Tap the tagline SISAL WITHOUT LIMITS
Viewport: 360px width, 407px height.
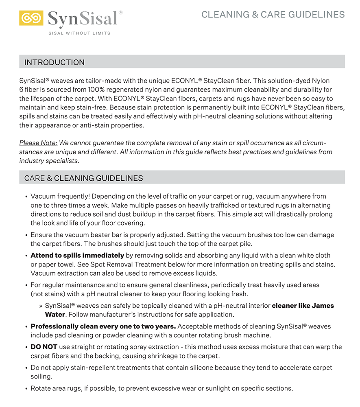tap(79, 33)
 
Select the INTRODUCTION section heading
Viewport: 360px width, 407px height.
tap(55, 62)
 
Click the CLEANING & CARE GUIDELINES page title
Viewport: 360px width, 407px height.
tap(273, 15)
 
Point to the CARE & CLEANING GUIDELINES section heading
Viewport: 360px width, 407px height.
tap(83, 178)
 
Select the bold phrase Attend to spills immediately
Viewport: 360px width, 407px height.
tap(77, 255)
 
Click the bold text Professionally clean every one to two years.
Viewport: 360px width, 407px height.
tap(103, 326)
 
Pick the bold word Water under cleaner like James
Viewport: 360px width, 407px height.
tap(55, 314)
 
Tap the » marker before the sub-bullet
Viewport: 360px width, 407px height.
tap(41, 305)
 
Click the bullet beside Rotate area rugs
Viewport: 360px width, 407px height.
tap(26, 388)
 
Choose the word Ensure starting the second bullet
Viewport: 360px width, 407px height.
tap(41, 235)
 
